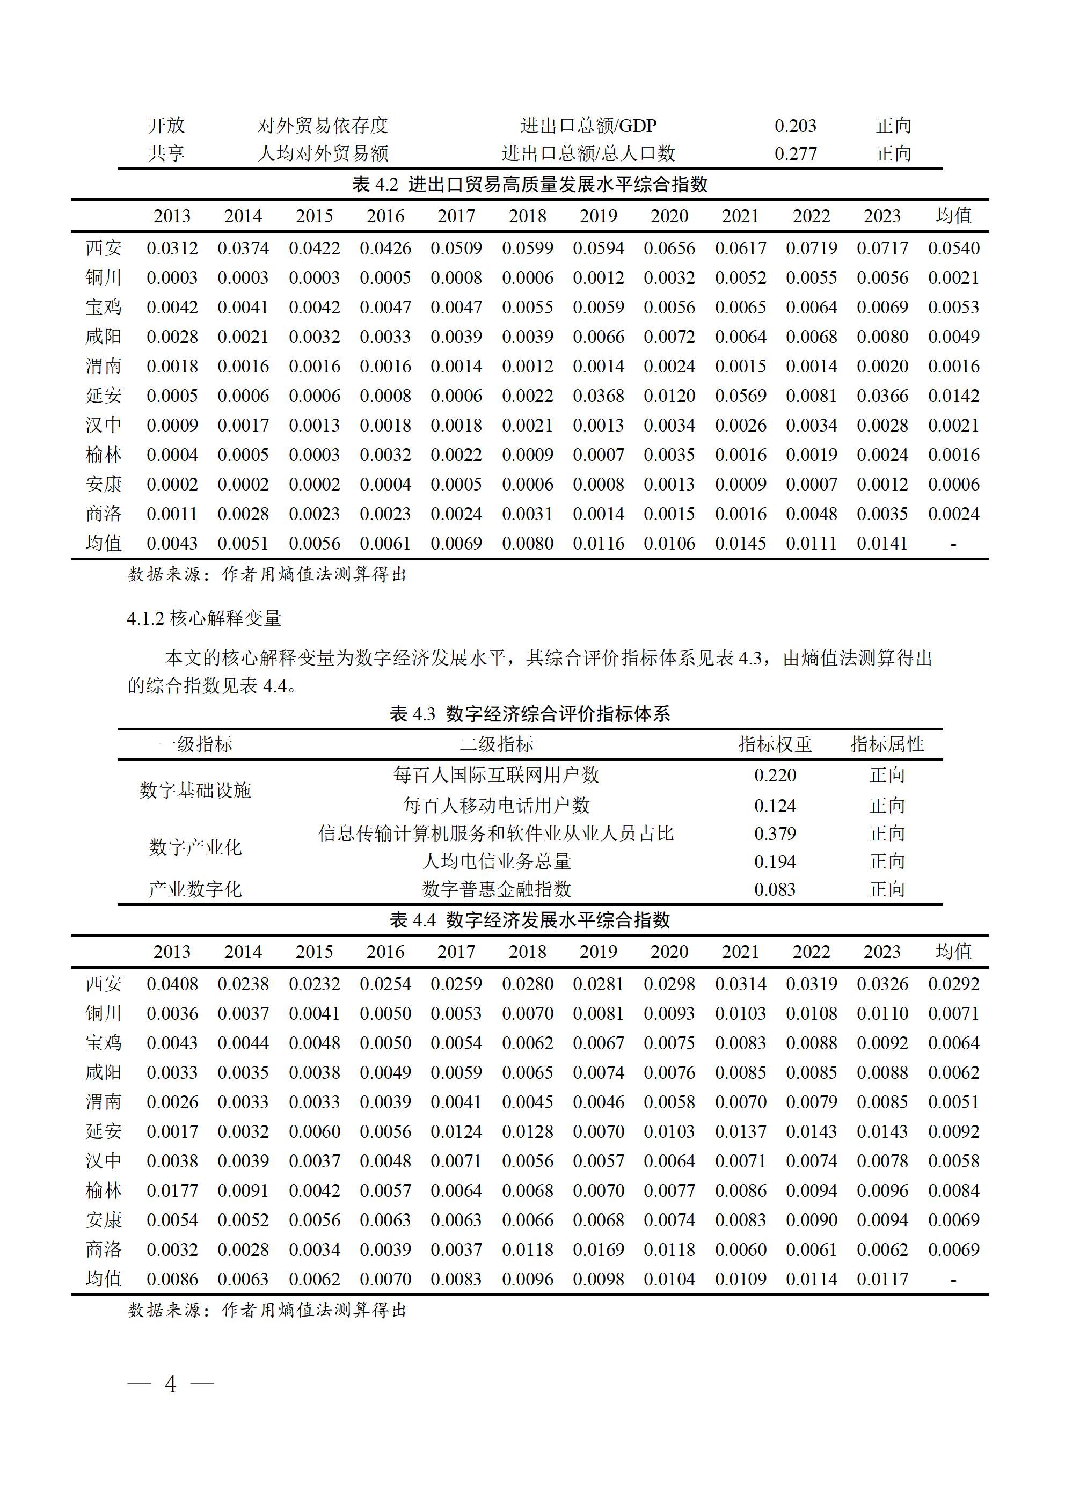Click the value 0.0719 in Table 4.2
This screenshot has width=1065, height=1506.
pos(811,248)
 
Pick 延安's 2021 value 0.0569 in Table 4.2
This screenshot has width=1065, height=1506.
pos(740,396)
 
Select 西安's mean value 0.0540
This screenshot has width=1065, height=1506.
pos(953,248)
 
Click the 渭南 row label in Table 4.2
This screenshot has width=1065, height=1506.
pos(103,366)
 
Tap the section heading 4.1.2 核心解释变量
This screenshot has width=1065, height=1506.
pos(204,618)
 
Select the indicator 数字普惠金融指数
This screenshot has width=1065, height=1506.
pos(496,889)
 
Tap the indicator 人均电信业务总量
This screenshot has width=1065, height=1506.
pos(496,861)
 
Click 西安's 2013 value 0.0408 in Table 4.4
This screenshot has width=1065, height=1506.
pos(171,984)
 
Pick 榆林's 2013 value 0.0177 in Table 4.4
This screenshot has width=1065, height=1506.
pos(171,1190)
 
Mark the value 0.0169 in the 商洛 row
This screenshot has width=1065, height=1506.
pos(598,1249)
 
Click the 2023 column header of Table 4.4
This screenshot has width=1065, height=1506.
pos(882,952)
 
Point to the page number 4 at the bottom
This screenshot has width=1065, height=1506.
pos(171,1384)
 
